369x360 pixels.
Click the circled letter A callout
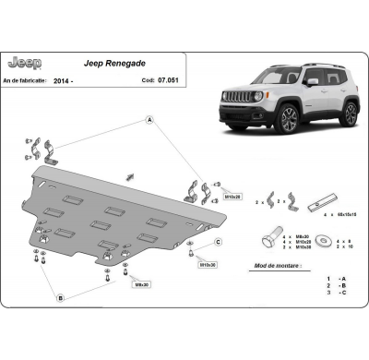[149, 120]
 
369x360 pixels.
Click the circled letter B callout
[60, 298]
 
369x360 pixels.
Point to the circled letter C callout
[218, 242]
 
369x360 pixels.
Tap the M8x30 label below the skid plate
[140, 284]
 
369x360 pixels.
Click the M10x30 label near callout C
[208, 265]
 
